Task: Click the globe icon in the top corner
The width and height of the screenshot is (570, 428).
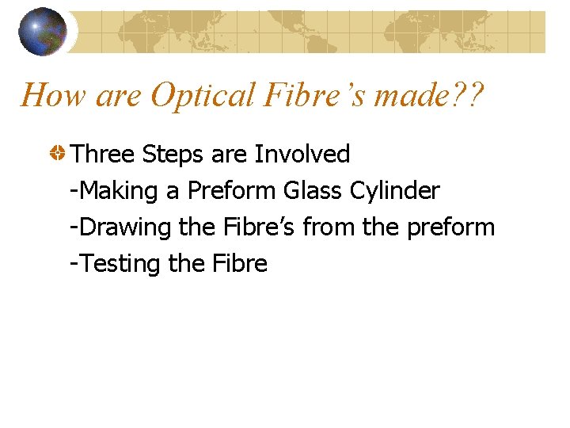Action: click(43, 31)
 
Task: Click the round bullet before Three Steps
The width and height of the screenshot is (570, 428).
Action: click(58, 154)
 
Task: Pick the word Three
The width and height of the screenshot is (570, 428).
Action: click(104, 154)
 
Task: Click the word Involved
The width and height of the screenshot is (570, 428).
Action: click(302, 154)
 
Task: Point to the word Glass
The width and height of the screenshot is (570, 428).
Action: click(312, 190)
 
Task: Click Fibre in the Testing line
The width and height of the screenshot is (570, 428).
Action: click(239, 263)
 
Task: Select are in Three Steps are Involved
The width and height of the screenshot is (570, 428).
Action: click(229, 155)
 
